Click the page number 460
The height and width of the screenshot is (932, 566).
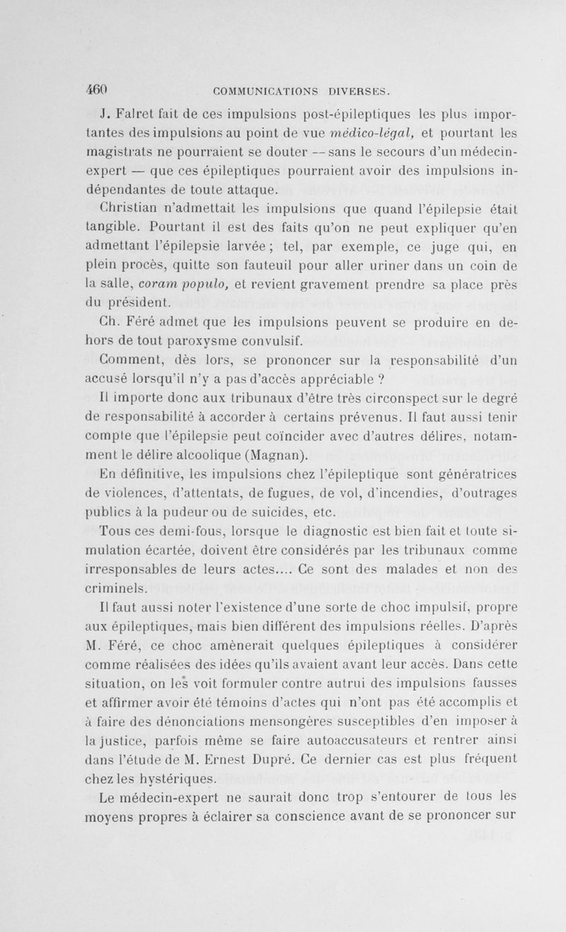(96, 89)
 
